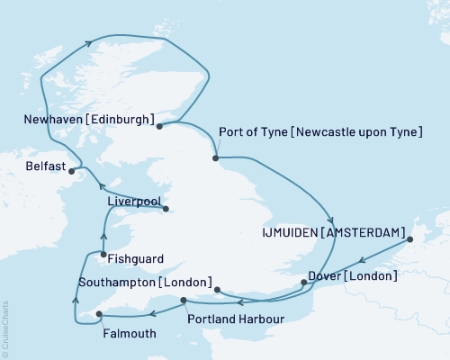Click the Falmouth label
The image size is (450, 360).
(130, 334)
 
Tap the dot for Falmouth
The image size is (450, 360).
(98, 314)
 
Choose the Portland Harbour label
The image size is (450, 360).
(236, 319)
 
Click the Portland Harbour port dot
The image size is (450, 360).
(183, 301)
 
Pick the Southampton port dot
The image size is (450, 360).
(217, 290)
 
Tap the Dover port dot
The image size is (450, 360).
(303, 283)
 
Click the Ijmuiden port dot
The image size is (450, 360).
(409, 240)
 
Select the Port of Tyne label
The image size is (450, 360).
(320, 133)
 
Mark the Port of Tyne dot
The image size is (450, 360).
(215, 158)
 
